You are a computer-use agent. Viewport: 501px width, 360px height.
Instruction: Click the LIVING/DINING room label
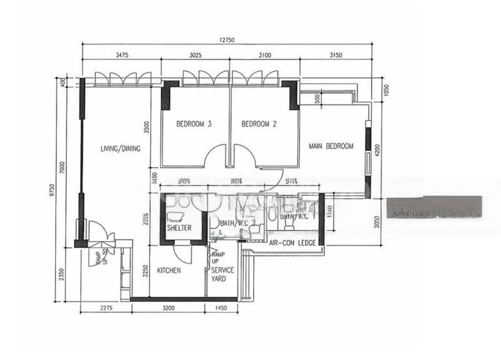point(120,149)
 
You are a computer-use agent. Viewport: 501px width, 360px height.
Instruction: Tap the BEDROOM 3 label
point(194,124)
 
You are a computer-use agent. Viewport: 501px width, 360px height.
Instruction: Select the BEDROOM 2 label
point(259,124)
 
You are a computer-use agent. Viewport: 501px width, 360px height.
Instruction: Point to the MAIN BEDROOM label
point(331,147)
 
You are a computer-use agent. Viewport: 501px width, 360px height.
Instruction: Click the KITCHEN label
point(169,270)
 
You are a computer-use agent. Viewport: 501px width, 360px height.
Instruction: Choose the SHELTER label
point(179,228)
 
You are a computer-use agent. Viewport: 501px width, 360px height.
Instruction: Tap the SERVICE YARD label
point(222,274)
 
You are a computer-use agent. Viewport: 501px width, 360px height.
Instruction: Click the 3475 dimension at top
point(122,55)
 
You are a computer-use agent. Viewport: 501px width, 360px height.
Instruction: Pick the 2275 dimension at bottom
point(105,308)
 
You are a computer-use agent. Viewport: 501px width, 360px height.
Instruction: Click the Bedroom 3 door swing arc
point(217,154)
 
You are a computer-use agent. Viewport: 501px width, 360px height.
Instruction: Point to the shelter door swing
point(182,254)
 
